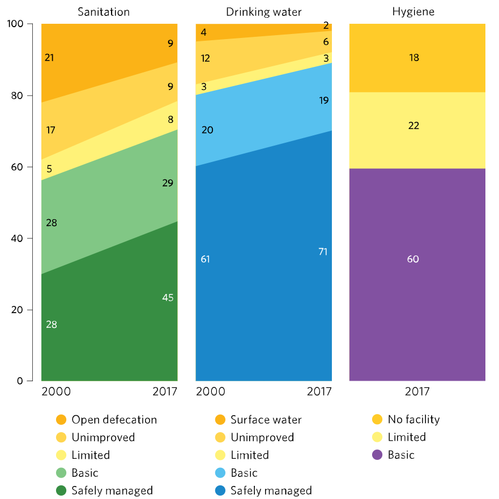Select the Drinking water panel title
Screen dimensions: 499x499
click(263, 12)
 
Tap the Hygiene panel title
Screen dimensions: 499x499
click(417, 12)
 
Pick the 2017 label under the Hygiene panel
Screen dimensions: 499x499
click(417, 392)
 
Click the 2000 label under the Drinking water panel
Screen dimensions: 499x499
click(210, 392)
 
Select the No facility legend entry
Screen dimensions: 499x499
click(413, 420)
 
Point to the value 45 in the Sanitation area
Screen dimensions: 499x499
click(168, 298)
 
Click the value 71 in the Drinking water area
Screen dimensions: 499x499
click(323, 252)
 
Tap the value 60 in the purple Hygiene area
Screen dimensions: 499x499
click(414, 259)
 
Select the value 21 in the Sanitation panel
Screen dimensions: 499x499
click(49, 57)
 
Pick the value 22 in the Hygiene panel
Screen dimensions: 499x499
click(414, 126)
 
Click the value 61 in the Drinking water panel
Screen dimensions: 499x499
click(206, 259)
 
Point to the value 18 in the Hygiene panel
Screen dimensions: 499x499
click(414, 58)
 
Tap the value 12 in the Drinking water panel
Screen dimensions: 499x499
click(206, 58)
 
